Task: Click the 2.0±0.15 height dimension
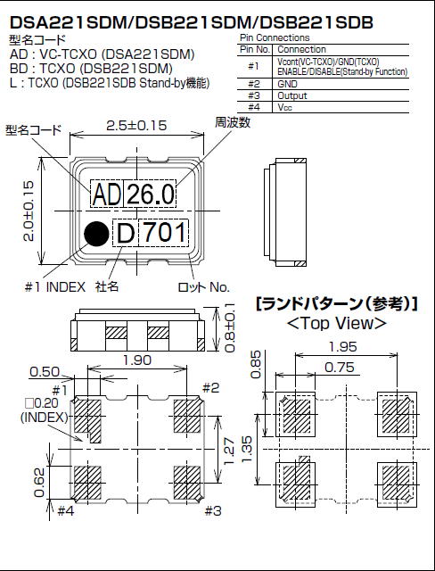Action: [29, 211]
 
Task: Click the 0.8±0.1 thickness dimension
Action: [229, 331]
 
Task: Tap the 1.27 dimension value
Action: [229, 446]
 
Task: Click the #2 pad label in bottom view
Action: [210, 387]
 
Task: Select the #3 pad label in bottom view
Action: [211, 510]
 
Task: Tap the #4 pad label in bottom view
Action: [65, 510]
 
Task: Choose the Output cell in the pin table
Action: [291, 94]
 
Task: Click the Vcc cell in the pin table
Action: [285, 105]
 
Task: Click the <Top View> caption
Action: [337, 323]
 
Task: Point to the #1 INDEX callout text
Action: [55, 286]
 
